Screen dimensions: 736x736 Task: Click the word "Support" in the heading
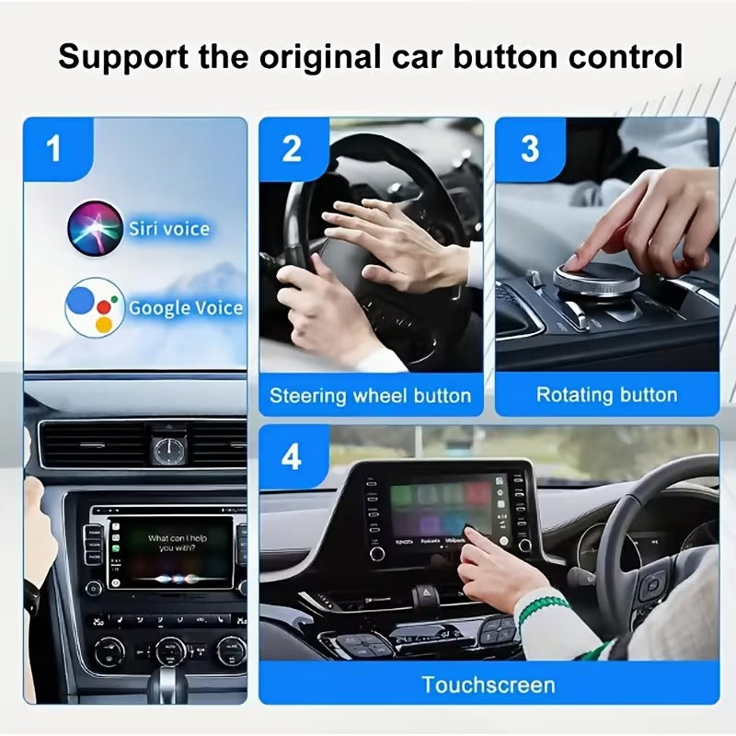pos(121,57)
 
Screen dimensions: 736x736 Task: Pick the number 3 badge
pos(530,148)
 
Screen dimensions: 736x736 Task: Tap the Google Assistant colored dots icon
pos(94,306)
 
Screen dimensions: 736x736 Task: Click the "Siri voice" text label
pos(168,229)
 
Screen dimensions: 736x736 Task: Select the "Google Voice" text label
pos(185,307)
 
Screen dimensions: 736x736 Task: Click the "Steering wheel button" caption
pos(370,397)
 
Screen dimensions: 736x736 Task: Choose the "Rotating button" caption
pos(606,396)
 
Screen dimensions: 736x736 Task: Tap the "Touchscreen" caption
pos(488,684)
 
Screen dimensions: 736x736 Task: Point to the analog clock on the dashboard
pos(167,450)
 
